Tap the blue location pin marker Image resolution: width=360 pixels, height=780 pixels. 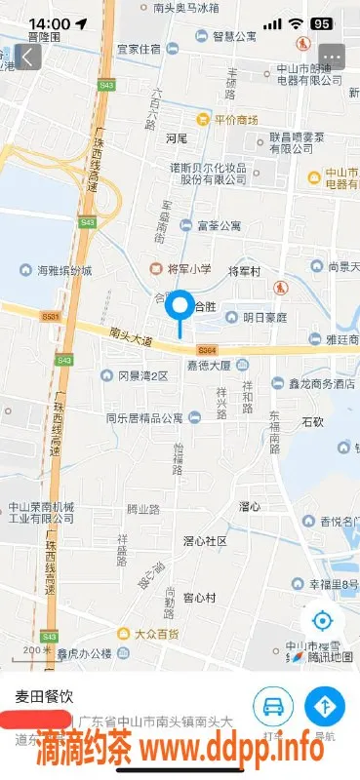(180, 308)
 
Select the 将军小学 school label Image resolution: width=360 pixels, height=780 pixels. (180, 267)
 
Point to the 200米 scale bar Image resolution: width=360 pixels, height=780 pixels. (37, 650)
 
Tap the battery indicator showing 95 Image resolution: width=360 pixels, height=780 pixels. (320, 23)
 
